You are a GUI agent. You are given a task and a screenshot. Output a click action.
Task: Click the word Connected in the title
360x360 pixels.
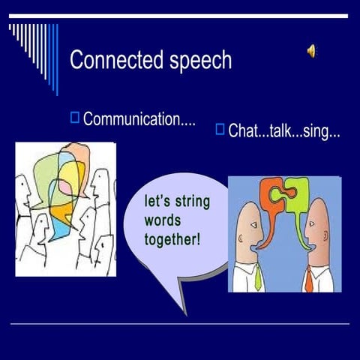pos(112,60)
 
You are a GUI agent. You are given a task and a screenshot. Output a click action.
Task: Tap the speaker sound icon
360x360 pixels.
pos(311,50)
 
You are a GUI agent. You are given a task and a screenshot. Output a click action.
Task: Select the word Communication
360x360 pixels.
pos(139,119)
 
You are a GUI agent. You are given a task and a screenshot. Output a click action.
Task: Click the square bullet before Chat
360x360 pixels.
pos(220,128)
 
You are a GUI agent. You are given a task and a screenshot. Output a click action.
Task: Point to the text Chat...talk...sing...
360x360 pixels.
pos(284,132)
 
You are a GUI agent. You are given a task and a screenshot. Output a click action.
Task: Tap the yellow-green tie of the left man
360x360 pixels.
pos(258,277)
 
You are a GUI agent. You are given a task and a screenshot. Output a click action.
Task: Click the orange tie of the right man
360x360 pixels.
pos(308,279)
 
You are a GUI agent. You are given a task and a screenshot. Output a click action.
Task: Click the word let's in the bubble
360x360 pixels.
pos(158,202)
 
